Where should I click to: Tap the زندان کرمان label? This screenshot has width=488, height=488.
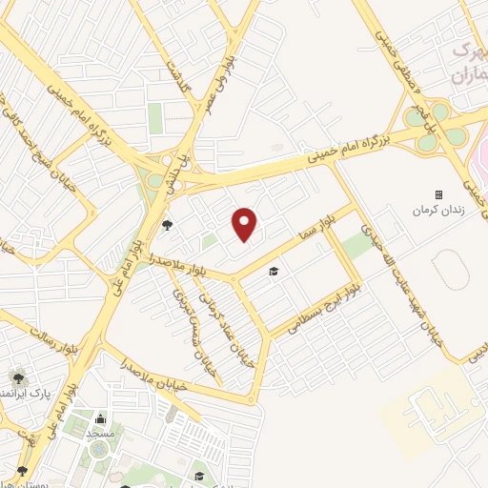(x=439, y=209)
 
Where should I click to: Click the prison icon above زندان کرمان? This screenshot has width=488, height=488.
(x=439, y=194)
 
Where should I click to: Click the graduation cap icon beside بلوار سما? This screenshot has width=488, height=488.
(x=274, y=272)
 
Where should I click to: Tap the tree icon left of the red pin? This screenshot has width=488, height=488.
(x=168, y=225)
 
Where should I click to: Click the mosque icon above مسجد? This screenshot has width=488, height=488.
(x=101, y=417)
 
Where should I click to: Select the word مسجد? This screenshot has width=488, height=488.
(x=101, y=433)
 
